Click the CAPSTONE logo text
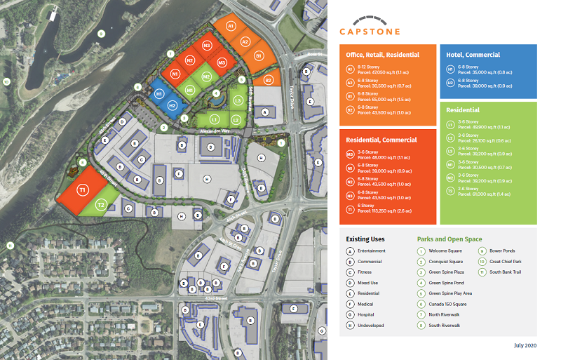(x=370, y=31)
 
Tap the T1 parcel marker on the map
(x=82, y=189)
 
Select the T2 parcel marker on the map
(x=101, y=205)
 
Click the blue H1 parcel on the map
(x=160, y=94)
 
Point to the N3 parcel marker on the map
(x=207, y=45)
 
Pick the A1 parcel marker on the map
(x=231, y=26)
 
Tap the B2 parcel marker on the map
(x=268, y=80)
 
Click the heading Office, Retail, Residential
(x=382, y=55)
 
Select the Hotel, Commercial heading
(x=473, y=55)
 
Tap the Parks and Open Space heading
(x=450, y=239)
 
